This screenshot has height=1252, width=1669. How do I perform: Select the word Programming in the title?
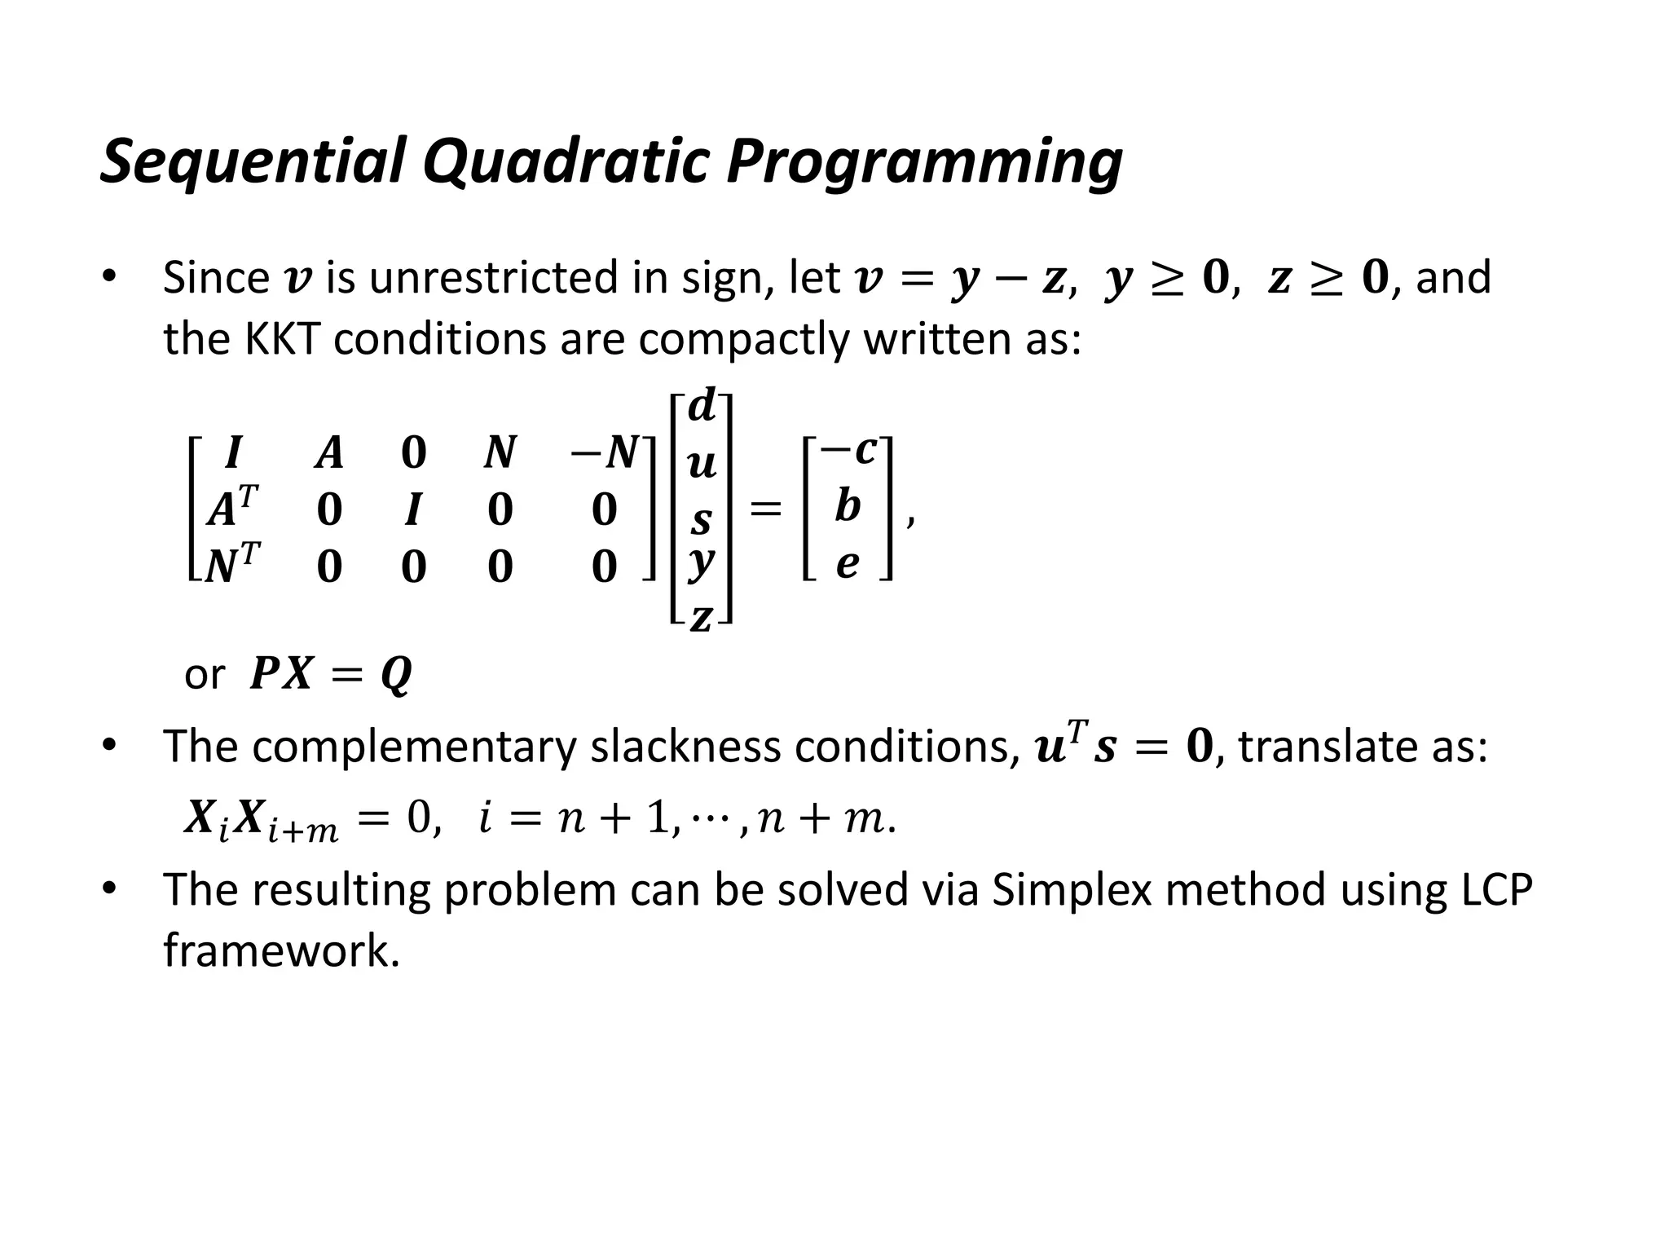923,161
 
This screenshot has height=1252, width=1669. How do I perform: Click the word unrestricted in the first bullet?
495,278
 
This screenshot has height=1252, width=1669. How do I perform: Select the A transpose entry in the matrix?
232,508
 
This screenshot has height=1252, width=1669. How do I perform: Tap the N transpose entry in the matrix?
232,564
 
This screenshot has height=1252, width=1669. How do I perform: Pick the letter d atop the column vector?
702,406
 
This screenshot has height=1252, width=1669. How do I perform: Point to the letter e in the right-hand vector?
848,564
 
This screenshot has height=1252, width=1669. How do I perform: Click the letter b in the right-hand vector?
848,506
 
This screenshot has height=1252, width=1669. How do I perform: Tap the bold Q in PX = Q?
396,675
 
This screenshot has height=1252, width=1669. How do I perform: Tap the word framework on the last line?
281,950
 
